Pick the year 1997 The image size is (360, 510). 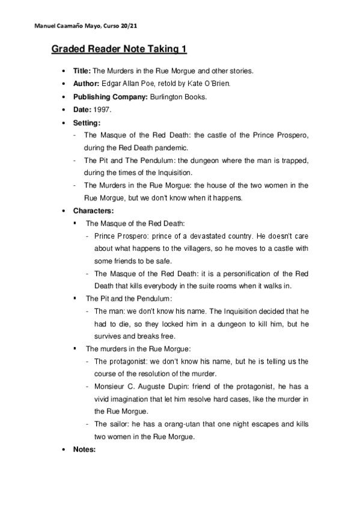[103, 109]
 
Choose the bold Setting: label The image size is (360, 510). [87, 123]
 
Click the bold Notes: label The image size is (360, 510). [85, 449]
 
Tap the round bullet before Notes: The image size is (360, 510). [64, 449]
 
